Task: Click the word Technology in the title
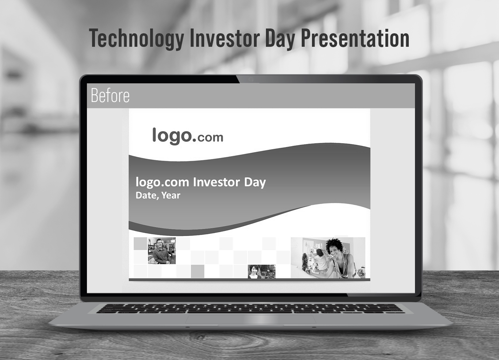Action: [x=137, y=38]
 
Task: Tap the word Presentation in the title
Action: [x=355, y=38]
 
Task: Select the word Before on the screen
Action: [x=110, y=95]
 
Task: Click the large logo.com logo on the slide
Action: [x=187, y=136]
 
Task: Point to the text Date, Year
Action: [x=158, y=196]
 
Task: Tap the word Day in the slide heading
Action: [x=255, y=183]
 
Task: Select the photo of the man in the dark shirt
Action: [x=162, y=251]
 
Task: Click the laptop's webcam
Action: [x=251, y=79]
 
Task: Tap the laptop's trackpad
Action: [x=251, y=319]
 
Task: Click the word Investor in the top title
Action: [x=225, y=38]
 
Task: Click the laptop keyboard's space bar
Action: [x=251, y=312]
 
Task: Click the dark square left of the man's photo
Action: [x=140, y=244]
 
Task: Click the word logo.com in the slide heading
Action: [x=163, y=182]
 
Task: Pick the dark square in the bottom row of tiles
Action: [x=198, y=271]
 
